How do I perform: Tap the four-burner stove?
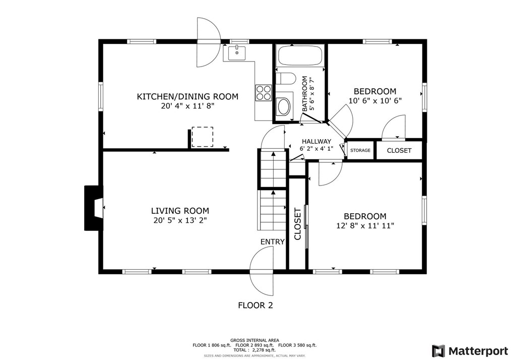264,93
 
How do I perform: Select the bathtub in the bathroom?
300,55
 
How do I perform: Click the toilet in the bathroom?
286,79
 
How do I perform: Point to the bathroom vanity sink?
284,106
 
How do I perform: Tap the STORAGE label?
360,151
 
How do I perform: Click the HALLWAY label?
316,142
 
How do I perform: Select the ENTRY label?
273,242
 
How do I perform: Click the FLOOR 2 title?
255,305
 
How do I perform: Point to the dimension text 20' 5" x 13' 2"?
180,220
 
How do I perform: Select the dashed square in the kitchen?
202,137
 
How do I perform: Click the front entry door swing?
262,272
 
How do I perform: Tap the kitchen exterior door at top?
208,42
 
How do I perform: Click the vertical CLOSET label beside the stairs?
297,224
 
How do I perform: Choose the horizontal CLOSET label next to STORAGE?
399,151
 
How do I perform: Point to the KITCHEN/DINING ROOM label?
187,96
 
